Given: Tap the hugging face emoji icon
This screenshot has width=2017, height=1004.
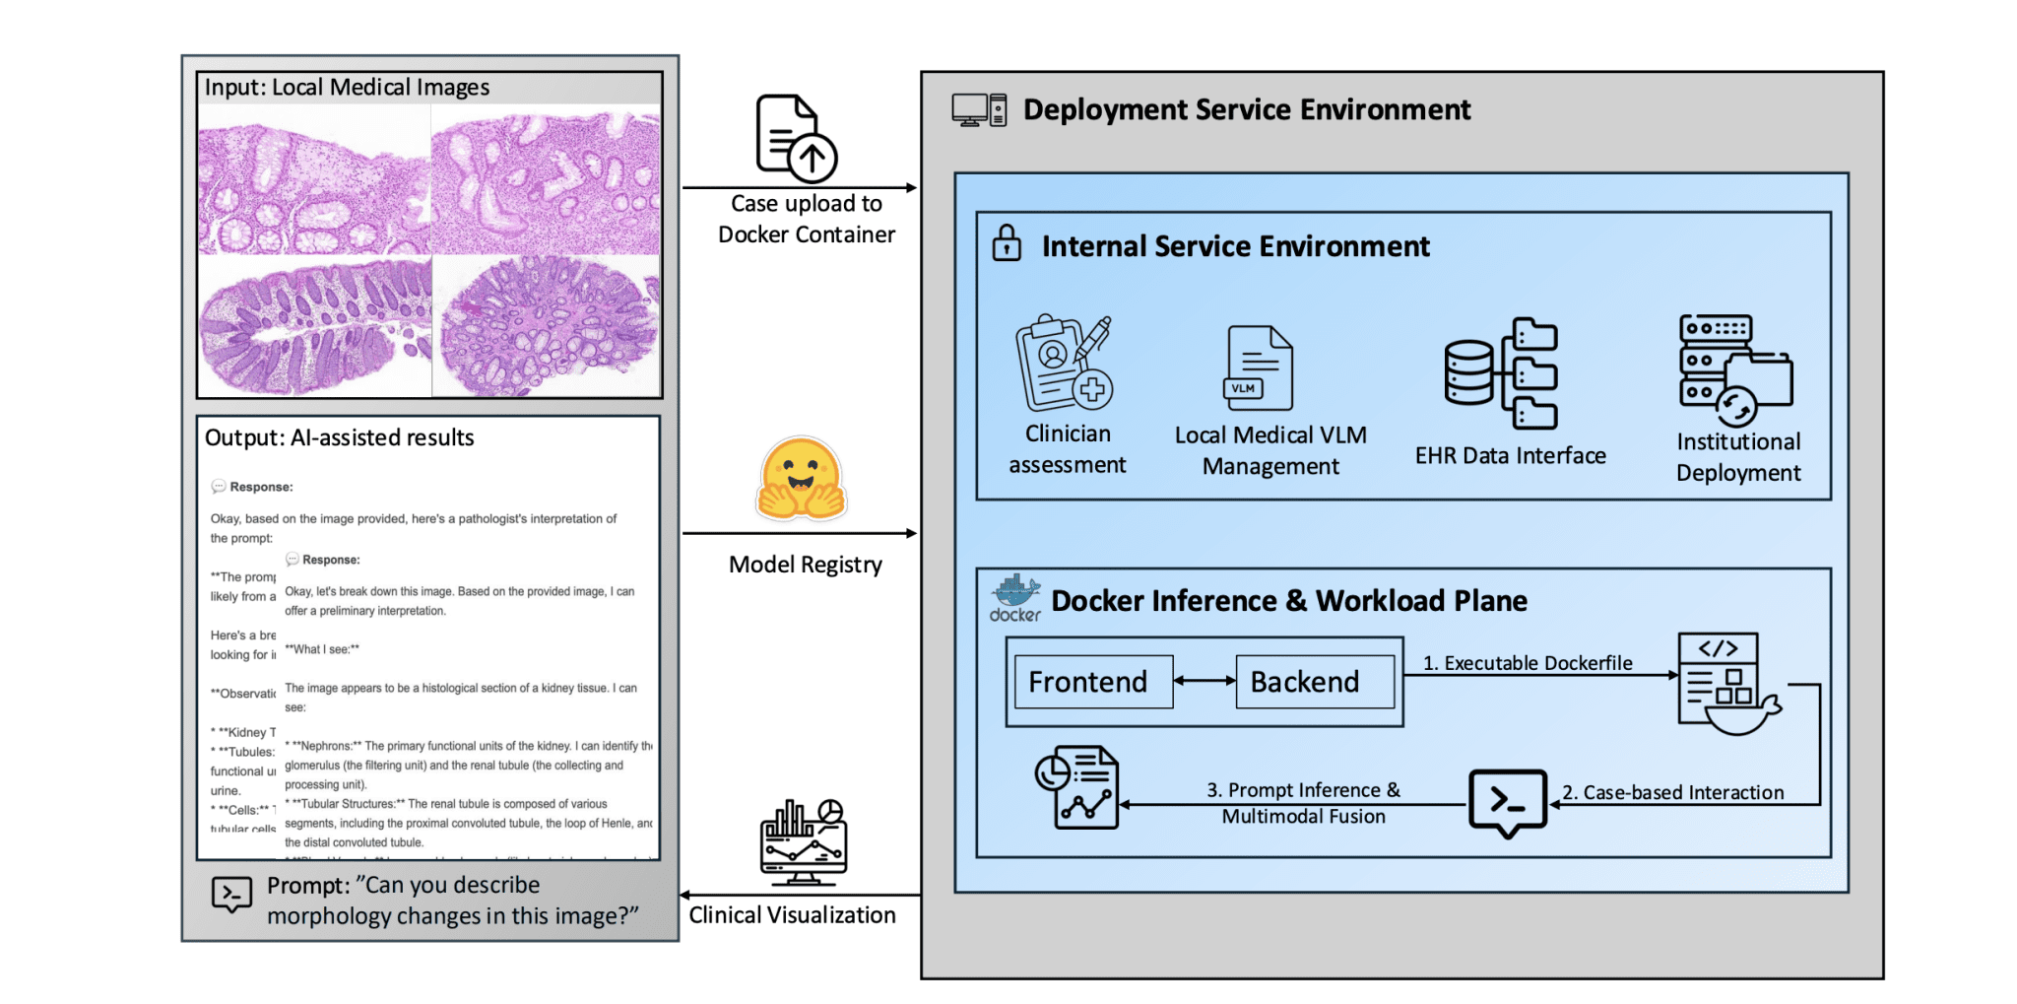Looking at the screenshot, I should (802, 480).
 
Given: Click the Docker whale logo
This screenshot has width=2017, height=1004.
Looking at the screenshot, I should (1015, 597).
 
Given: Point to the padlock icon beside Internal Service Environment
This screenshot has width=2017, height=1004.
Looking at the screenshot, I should (1006, 243).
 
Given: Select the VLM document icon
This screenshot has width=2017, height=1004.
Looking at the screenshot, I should (1258, 368).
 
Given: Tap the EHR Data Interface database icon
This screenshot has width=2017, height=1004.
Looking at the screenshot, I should (1500, 373).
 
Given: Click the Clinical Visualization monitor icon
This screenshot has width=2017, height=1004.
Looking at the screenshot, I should (804, 842).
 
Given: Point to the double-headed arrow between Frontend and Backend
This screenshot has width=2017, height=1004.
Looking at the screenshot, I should (1204, 681).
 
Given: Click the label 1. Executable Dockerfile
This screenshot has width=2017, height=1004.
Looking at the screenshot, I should (1527, 663).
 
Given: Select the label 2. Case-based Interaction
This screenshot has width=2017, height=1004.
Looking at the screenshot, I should (1672, 792).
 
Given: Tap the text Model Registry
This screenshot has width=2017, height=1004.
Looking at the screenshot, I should (805, 565).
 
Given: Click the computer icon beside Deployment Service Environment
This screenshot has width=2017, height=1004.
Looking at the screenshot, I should (978, 110).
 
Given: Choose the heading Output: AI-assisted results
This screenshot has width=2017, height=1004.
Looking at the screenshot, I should (339, 437).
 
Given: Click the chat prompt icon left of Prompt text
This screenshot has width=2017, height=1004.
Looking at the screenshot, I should (231, 896).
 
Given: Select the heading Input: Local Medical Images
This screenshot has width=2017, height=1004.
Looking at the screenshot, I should (347, 88).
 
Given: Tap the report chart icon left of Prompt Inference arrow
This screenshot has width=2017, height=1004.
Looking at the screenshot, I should (1076, 787).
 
